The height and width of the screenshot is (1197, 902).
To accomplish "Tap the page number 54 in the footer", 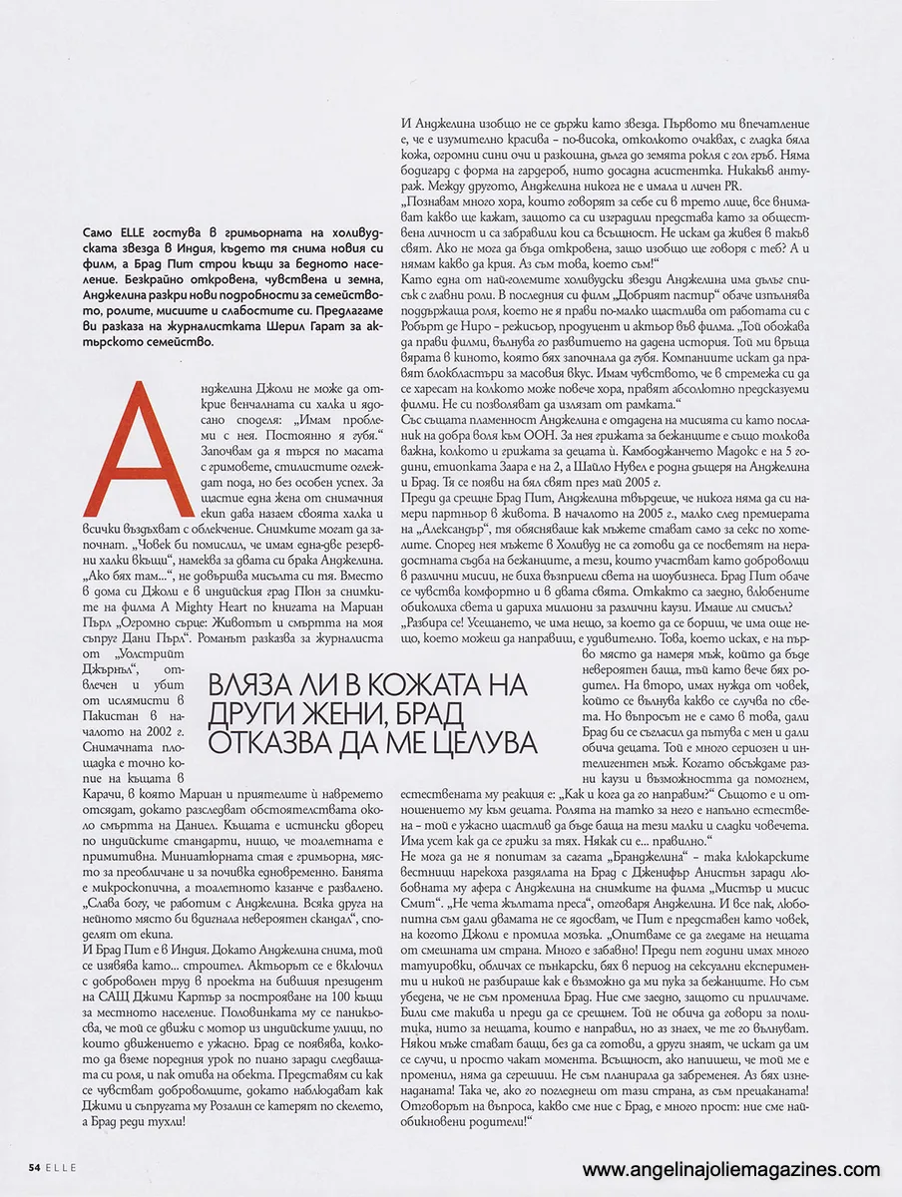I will click(34, 1166).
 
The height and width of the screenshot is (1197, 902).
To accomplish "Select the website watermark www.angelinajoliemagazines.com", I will click(731, 1170).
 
